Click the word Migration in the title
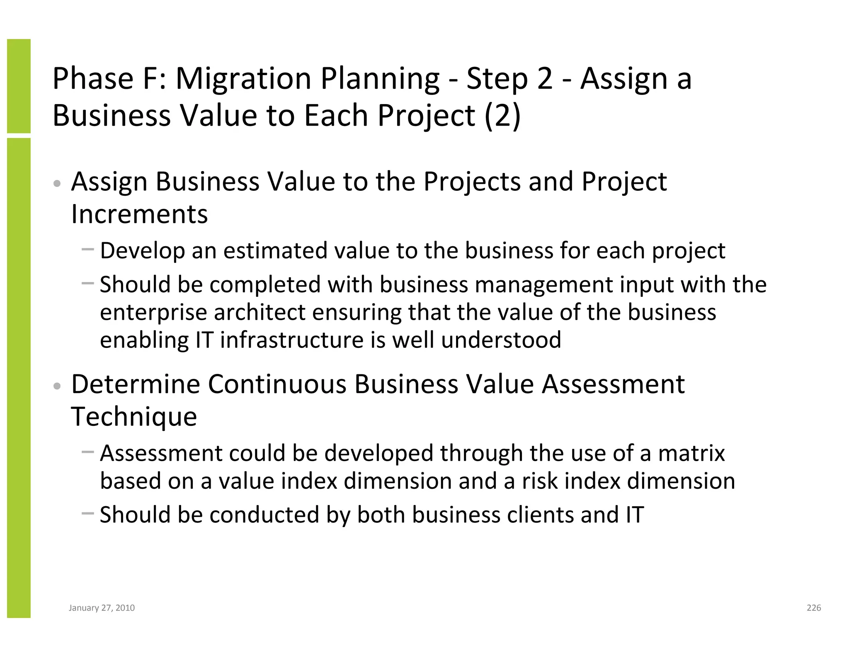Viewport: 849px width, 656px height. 243,79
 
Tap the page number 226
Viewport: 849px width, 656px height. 814,607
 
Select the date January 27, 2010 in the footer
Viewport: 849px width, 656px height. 102,608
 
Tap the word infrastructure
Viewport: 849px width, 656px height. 291,340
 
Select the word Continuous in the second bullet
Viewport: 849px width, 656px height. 277,384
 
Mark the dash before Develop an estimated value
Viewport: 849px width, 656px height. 88,250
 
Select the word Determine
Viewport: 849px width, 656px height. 136,384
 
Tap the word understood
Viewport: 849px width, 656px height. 501,340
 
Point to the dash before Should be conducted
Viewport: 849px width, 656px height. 88,513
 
